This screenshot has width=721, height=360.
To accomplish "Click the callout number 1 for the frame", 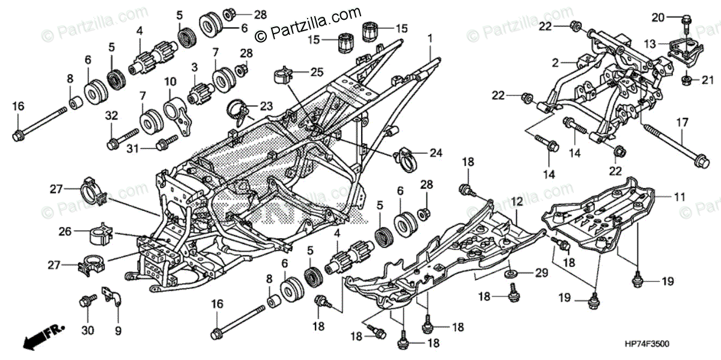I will [430, 38].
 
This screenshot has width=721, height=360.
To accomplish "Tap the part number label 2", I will [555, 62].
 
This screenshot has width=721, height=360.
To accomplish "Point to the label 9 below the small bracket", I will [118, 330].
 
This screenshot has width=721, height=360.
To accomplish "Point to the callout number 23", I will [266, 106].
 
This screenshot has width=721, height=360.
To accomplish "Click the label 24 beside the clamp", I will [436, 153].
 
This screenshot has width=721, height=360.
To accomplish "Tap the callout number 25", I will [317, 72].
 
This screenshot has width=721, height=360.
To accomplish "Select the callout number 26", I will [65, 231].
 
